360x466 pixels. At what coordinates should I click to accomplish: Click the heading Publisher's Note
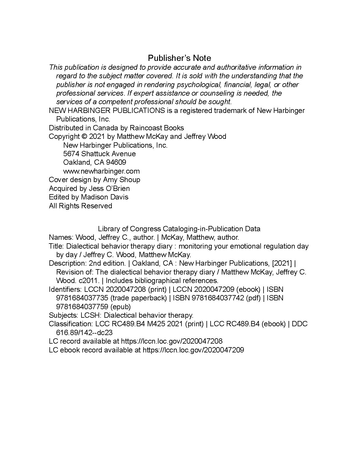click(x=179, y=58)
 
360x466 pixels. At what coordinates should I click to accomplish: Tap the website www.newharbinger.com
click(x=101, y=171)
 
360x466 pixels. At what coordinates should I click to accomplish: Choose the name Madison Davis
click(x=105, y=197)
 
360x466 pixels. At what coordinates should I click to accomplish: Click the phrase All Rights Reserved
click(x=81, y=206)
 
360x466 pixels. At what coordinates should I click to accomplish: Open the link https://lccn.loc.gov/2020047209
click(x=193, y=350)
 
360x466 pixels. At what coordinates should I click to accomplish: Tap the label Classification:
click(x=71, y=324)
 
